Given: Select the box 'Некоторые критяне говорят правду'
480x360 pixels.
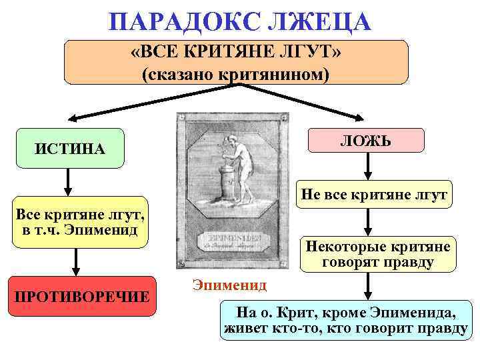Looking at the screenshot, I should [x=377, y=254].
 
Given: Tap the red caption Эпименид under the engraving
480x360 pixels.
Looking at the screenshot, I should [x=230, y=285].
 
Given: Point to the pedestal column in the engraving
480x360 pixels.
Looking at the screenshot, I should [x=224, y=184].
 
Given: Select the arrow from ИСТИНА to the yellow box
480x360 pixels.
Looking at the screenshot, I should [x=67, y=181].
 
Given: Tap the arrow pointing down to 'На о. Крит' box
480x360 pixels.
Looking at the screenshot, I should [x=366, y=286].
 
